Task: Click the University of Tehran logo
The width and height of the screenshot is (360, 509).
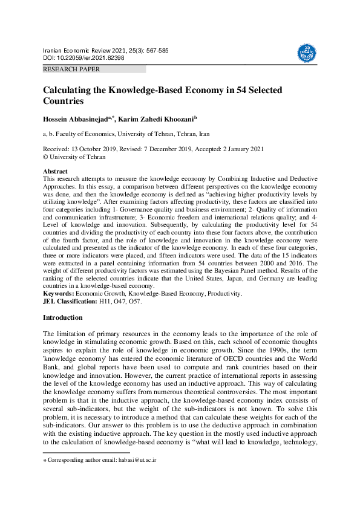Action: [x=306, y=54]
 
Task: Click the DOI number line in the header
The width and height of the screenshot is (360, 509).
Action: [x=83, y=57]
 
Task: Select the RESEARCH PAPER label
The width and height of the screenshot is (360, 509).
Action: [x=71, y=70]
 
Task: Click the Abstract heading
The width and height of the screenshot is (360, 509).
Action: [x=55, y=172]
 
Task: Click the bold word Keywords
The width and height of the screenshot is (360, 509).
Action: [x=58, y=294]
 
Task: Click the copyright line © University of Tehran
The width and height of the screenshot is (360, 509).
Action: [x=74, y=157]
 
